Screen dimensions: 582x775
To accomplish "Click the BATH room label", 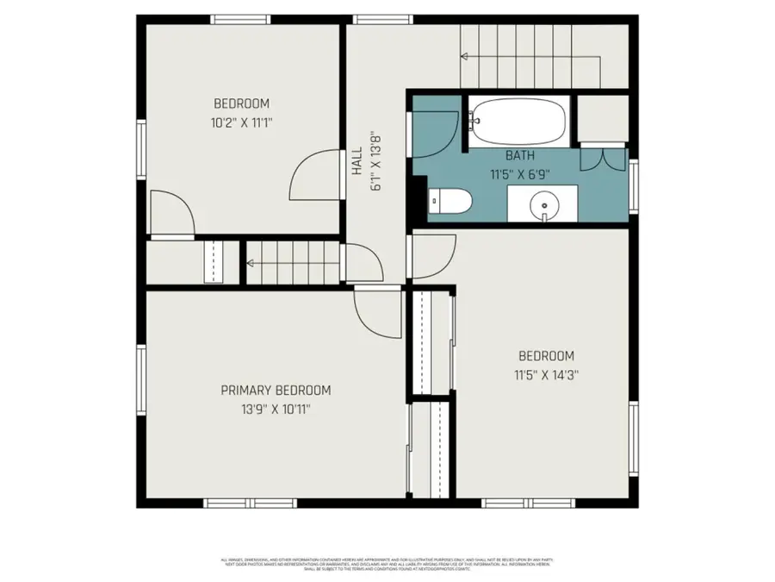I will [519, 156].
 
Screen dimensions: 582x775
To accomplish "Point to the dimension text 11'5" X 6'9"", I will [520, 173].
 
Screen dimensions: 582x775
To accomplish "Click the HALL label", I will [356, 161].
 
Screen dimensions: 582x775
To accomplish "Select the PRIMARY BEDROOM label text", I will [276, 390].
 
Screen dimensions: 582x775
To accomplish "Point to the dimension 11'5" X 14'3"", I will [546, 375].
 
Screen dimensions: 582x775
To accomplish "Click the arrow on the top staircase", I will [466, 57].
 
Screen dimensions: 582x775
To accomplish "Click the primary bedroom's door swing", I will [376, 315].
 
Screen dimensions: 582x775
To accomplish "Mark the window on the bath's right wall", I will [634, 186].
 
